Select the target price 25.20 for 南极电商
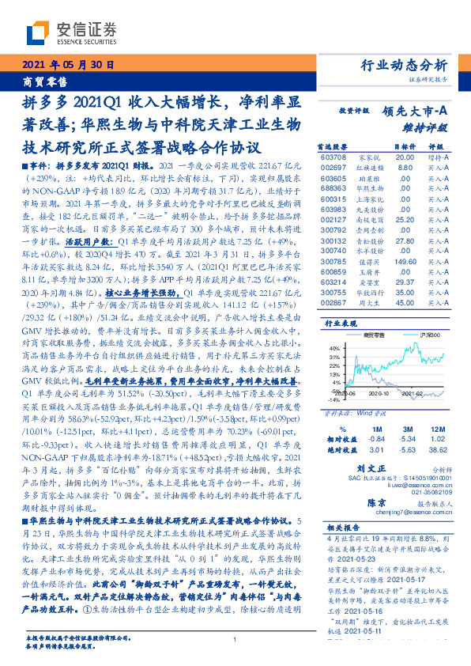coord(405,219)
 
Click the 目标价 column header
coord(404,147)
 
